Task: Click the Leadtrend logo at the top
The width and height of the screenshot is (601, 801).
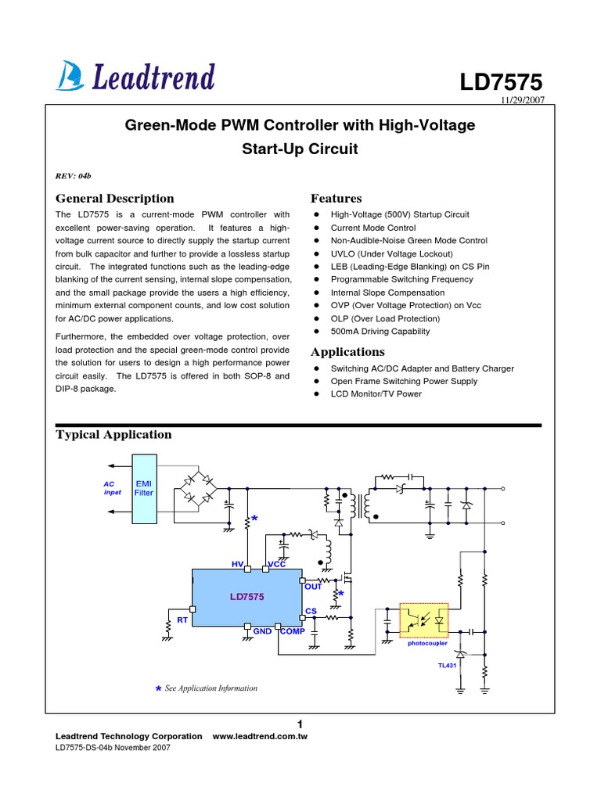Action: (x=135, y=77)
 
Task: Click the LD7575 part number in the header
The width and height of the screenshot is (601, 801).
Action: (x=500, y=83)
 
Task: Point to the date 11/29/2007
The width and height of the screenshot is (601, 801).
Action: (x=521, y=102)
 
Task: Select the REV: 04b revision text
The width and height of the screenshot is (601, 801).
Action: (x=74, y=174)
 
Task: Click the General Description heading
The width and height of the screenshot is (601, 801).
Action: (x=115, y=199)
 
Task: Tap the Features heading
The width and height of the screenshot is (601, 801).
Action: (x=336, y=199)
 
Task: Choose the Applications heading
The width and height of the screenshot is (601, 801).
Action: (x=347, y=352)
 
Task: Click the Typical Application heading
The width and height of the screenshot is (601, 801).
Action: (x=113, y=435)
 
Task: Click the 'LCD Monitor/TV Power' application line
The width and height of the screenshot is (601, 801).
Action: (x=376, y=394)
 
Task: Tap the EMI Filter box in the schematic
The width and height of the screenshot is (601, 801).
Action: (x=145, y=489)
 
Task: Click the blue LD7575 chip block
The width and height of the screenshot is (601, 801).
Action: (x=247, y=597)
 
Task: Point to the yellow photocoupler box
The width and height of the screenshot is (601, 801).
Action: (x=423, y=621)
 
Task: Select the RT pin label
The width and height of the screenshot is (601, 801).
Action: (x=182, y=620)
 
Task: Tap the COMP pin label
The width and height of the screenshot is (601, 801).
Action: (x=293, y=630)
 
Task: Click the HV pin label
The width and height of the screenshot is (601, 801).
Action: (x=238, y=563)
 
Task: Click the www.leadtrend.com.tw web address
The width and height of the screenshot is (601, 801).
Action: (x=260, y=737)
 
